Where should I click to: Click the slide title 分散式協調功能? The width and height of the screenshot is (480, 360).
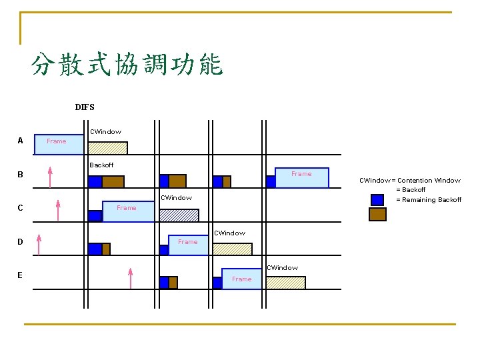[x=127, y=65]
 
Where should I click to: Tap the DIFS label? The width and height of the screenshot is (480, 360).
[x=85, y=107]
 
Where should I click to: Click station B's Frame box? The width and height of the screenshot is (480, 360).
[x=302, y=177]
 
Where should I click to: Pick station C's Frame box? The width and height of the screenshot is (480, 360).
[x=128, y=211]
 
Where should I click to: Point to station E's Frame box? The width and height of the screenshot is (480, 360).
[x=243, y=279]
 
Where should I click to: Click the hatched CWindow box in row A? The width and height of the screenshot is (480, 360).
[x=108, y=148]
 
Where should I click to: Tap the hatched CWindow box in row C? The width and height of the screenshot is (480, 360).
[x=179, y=215]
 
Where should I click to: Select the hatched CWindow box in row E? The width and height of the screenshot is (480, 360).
[x=285, y=282]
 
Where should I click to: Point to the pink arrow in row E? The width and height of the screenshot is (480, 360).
[x=131, y=278]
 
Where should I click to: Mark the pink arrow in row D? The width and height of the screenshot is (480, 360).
[x=39, y=244]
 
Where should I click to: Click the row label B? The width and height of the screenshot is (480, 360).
[x=20, y=175]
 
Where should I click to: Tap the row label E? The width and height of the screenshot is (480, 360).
[x=20, y=275]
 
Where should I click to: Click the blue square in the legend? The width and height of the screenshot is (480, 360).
[x=377, y=199]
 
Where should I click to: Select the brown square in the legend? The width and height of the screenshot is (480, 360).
[x=377, y=214]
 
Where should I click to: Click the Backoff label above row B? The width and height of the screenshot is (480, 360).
[x=101, y=165]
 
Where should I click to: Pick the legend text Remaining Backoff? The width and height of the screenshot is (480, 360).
[x=429, y=200]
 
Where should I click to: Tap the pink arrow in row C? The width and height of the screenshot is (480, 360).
[x=59, y=210]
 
